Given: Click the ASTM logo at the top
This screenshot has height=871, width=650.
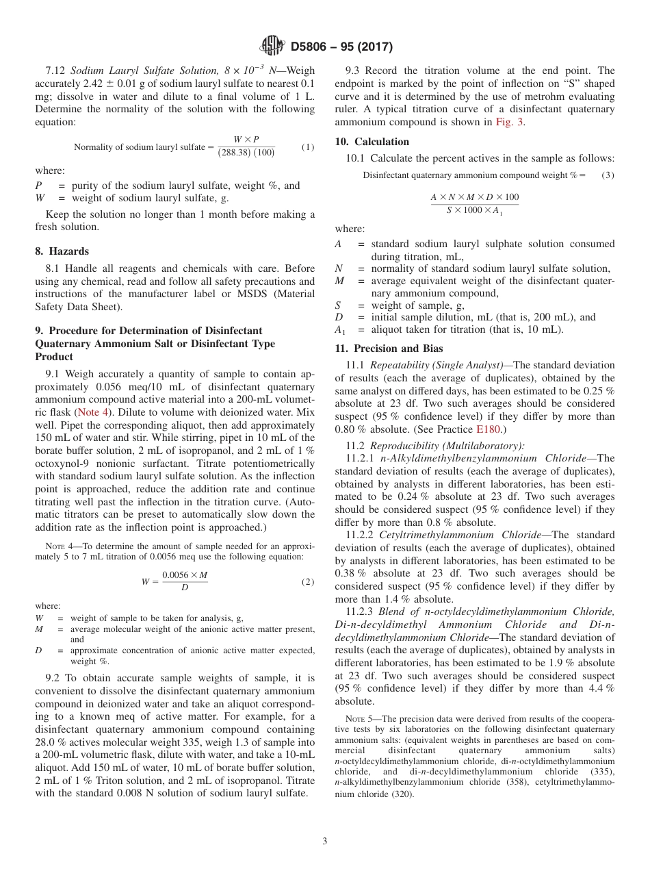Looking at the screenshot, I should [272, 47].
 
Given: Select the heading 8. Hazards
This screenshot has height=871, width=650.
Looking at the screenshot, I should [62, 251].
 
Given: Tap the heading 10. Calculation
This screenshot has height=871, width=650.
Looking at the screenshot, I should [372, 142].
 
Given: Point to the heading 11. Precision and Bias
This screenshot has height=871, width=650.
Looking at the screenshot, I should [389, 349].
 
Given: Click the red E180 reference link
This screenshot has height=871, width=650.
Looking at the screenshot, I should [489, 429].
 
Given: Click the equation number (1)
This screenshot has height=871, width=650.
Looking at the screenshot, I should [308, 147].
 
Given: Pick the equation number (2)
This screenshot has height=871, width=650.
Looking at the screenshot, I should [308, 582].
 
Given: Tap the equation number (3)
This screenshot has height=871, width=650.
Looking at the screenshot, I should [608, 175].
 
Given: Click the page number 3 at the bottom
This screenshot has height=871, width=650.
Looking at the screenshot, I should [325, 841].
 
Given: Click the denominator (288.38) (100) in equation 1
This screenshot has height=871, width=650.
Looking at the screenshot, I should [246, 153].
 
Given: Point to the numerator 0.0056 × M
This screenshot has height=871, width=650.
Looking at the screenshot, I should [184, 576].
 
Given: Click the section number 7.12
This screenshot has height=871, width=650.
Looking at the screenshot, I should [56, 71].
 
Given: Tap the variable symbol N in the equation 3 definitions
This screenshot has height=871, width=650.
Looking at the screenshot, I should [338, 268].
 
